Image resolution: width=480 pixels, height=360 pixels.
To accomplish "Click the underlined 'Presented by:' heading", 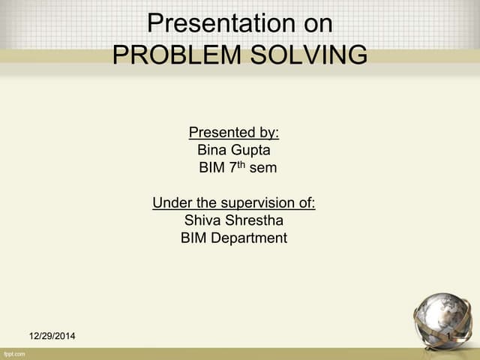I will tap(233, 133).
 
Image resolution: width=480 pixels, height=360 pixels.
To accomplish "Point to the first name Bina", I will tap(211, 150).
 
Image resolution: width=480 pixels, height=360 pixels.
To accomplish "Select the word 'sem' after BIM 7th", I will tap(263, 168).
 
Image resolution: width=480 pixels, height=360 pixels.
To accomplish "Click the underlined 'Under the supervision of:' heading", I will tap(233, 202).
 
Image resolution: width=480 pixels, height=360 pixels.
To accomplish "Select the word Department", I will tap(250, 238).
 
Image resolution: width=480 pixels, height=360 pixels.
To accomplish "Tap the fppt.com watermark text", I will tap(15, 352).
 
